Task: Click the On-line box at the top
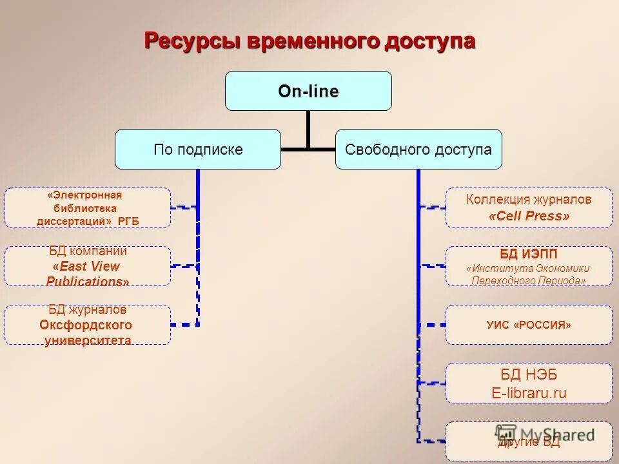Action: tap(308, 91)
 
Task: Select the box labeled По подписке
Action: tap(198, 150)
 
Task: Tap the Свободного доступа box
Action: tap(418, 150)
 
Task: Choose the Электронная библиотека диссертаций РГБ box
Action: tap(88, 208)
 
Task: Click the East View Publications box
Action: tap(88, 266)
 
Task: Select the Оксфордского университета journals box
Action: tap(88, 325)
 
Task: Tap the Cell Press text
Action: tap(529, 217)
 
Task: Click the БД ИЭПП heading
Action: tap(529, 254)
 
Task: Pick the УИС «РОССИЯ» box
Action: tap(529, 325)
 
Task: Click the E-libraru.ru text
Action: tap(529, 392)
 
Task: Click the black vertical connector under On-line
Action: tap(308, 129)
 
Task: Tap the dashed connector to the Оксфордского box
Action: tap(184, 325)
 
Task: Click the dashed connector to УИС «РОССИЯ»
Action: tap(432, 325)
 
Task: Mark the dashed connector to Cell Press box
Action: tap(432, 208)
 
